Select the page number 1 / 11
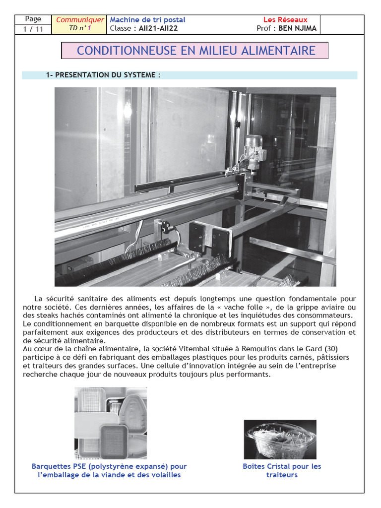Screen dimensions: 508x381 point(33,29)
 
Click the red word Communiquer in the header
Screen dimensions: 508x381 point(80,20)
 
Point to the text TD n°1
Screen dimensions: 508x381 point(80,28)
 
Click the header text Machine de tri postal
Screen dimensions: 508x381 point(147,20)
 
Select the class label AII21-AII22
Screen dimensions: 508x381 point(155,28)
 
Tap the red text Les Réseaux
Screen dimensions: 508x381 point(285,20)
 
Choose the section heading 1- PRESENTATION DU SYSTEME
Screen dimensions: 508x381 point(103,75)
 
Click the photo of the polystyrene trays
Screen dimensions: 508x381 point(111,423)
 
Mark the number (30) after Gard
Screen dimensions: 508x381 point(329,349)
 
